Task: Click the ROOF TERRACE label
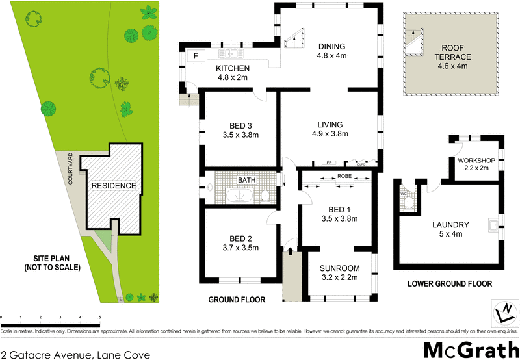tap(453, 53)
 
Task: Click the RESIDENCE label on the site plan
tap(114, 185)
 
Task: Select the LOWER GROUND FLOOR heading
tap(449, 283)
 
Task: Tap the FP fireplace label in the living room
tap(329, 163)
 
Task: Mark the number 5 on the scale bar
tap(99, 317)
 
